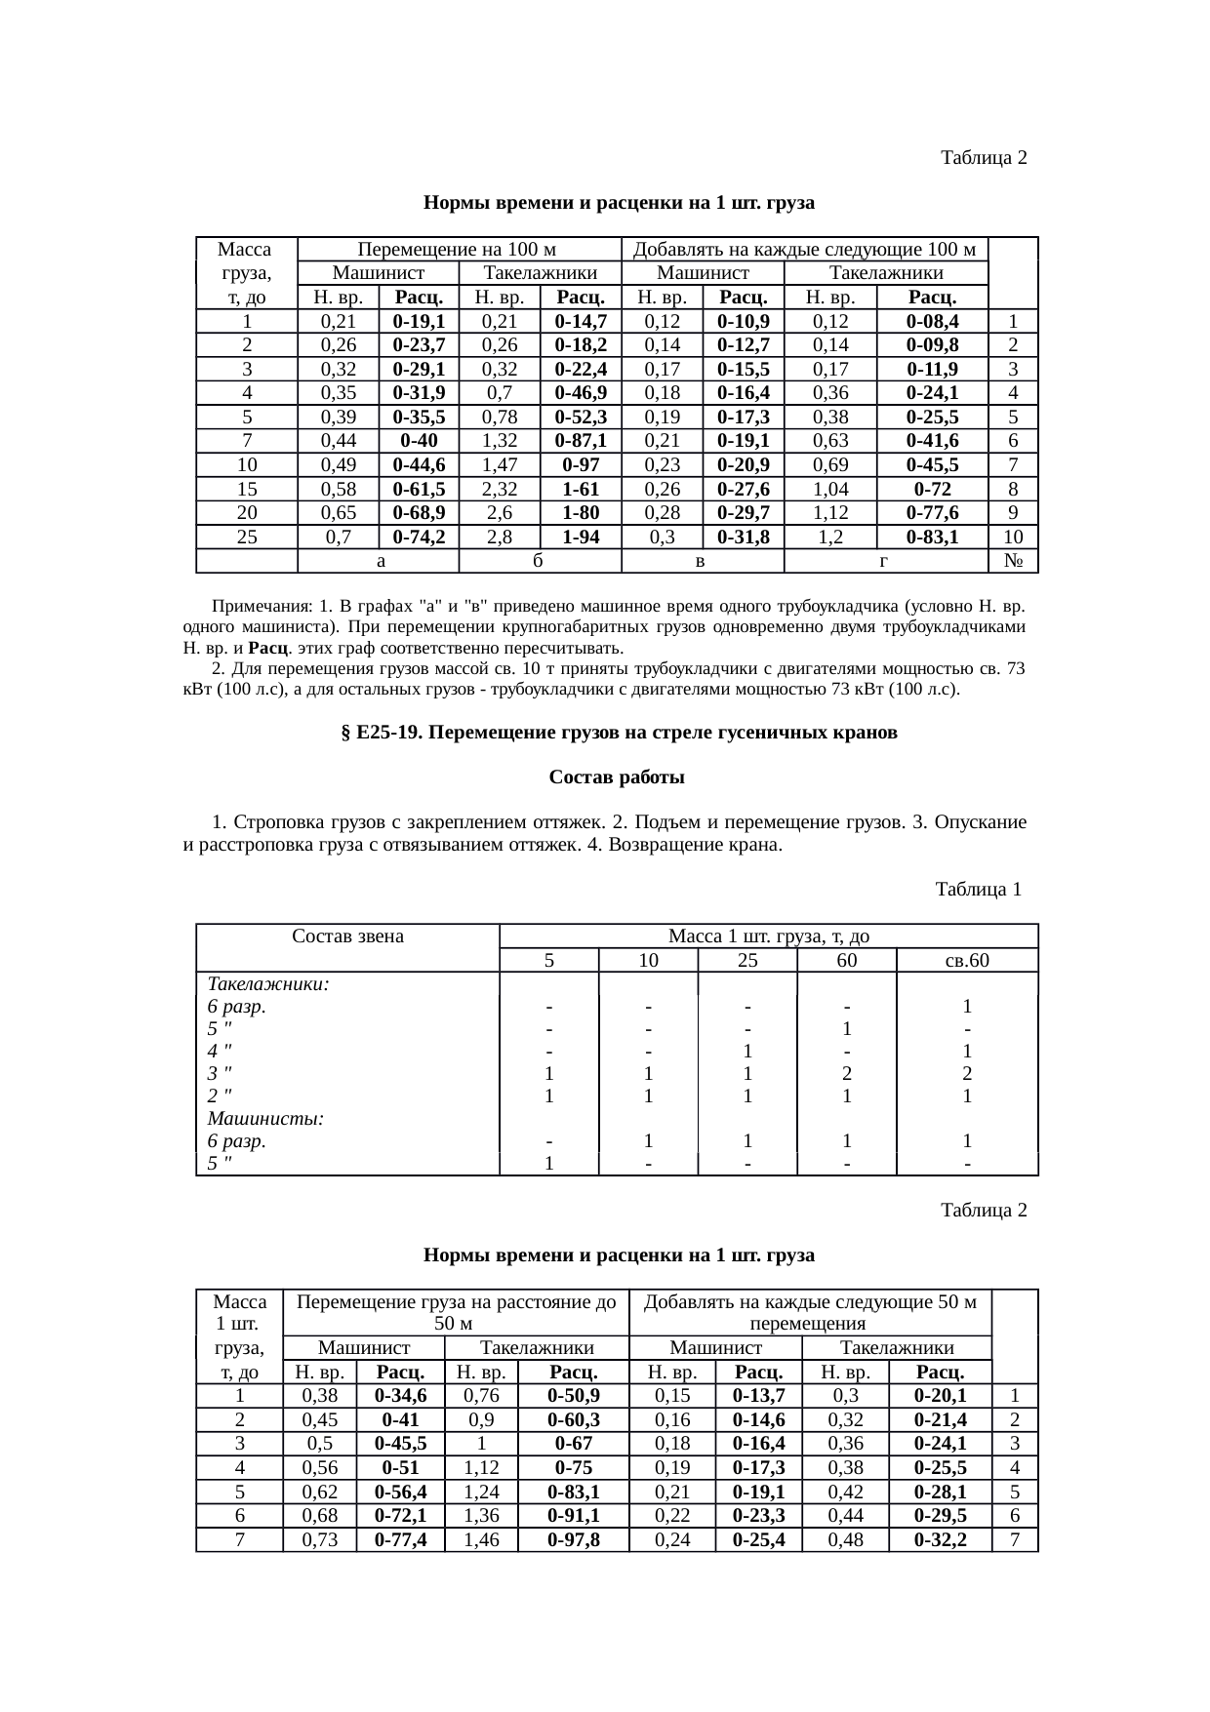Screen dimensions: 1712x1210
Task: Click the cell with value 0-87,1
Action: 581,441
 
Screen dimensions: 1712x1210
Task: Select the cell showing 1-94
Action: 581,537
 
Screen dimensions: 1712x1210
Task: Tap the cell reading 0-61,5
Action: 419,489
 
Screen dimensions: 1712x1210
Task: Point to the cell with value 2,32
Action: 499,489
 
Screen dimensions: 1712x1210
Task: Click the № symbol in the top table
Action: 1013,561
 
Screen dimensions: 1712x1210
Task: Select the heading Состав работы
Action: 616,778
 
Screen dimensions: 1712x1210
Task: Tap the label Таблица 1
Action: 978,890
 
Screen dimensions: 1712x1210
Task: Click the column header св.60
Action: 966,960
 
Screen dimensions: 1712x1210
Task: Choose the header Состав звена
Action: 347,936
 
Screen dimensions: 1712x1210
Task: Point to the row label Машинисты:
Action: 265,1118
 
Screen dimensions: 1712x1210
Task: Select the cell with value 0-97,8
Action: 573,1539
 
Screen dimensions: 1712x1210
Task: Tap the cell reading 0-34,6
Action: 400,1396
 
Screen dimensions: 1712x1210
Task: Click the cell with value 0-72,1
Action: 400,1515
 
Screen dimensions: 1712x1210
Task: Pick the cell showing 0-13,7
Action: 758,1396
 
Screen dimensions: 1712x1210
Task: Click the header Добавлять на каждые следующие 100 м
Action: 804,250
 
